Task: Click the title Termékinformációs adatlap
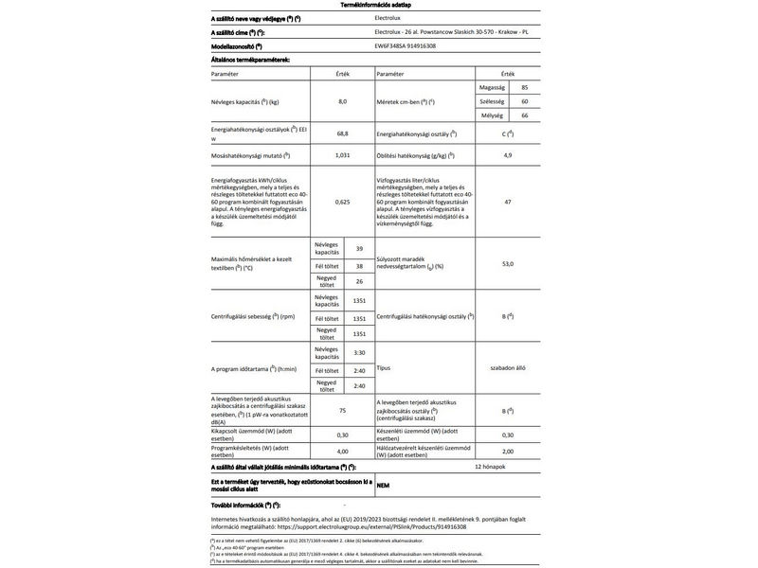[x=379, y=6]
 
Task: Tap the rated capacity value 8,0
[x=343, y=100]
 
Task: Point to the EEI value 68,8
[x=343, y=133]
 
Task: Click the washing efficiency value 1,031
[x=343, y=154]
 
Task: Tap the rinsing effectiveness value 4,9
[x=508, y=154]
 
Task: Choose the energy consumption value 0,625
[x=343, y=203]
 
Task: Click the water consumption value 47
[x=508, y=203]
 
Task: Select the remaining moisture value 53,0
[x=508, y=263]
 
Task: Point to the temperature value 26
[x=359, y=281]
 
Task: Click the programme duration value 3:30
[x=359, y=352]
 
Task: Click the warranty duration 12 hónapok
[x=491, y=468]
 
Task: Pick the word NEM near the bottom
[x=383, y=485]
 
